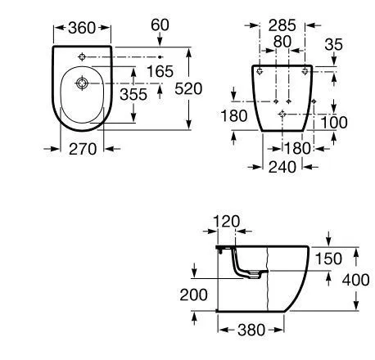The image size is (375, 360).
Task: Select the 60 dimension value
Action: click(160, 25)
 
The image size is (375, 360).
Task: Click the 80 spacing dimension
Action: click(282, 42)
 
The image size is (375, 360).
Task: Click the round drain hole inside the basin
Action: click(83, 83)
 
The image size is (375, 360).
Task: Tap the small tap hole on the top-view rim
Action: click(83, 56)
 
